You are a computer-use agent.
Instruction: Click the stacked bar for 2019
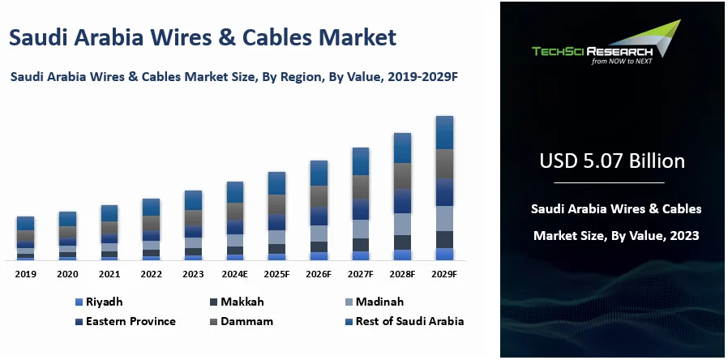pyautogui.click(x=26, y=238)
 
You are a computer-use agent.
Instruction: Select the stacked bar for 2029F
pyautogui.click(x=444, y=188)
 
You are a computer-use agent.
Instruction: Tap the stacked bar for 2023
pyautogui.click(x=193, y=225)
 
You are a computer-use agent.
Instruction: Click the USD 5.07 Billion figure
pyautogui.click(x=612, y=161)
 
